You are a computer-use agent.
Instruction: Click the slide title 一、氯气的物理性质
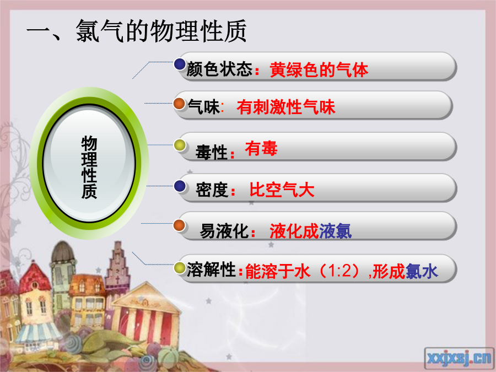(136, 31)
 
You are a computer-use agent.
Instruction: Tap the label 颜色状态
(219, 69)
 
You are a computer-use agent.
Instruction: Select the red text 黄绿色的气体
(319, 69)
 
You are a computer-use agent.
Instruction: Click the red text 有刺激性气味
(285, 107)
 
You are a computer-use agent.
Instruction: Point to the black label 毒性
(211, 152)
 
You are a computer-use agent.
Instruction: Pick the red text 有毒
(261, 148)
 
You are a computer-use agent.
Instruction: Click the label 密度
(212, 190)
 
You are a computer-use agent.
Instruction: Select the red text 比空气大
(282, 190)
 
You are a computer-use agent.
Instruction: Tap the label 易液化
(224, 231)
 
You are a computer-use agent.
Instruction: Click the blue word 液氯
(335, 231)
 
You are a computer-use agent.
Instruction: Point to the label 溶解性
(211, 269)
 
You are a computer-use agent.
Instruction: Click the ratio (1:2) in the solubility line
(339, 271)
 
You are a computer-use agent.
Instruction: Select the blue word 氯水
(422, 271)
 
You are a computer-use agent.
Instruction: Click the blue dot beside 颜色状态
(180, 64)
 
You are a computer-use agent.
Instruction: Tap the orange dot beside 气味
(179, 104)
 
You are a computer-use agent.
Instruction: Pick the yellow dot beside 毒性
(180, 145)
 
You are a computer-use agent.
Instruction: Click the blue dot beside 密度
(180, 186)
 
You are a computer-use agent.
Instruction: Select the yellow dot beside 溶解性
(180, 268)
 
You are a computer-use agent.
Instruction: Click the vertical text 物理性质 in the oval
(89, 168)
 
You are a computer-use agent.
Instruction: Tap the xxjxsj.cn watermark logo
(459, 358)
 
